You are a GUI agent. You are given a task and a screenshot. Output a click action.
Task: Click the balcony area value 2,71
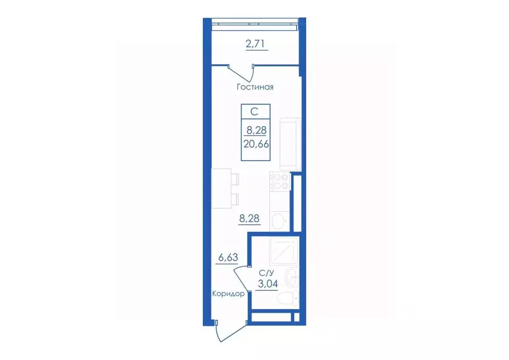coord(256,43)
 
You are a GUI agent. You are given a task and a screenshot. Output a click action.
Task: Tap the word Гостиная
coord(255,87)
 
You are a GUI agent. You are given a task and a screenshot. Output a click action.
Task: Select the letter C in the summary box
coord(254,112)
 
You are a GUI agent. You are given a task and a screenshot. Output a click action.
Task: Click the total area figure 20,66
coord(256,144)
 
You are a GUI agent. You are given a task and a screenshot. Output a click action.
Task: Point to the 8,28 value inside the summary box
coord(256,130)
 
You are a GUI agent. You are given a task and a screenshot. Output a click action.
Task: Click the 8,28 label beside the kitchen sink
coord(250,218)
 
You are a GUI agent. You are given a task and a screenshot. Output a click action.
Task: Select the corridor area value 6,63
coord(228,258)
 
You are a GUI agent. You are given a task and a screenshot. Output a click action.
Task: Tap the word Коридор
coord(228,294)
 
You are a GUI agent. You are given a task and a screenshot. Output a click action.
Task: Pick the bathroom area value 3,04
coord(268,284)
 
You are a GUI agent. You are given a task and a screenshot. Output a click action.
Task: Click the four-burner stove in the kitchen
coord(280,181)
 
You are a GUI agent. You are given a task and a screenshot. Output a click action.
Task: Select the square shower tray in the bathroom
coord(284,251)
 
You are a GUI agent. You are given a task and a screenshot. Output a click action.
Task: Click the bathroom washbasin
coord(292,277)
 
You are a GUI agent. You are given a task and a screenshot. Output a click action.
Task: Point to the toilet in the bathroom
coord(291,298)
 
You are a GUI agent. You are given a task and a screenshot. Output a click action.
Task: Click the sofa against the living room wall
coord(290,144)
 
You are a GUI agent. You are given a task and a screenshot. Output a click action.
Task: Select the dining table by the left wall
coord(221,188)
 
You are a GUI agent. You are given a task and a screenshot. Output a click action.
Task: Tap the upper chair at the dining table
coord(235,179)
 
